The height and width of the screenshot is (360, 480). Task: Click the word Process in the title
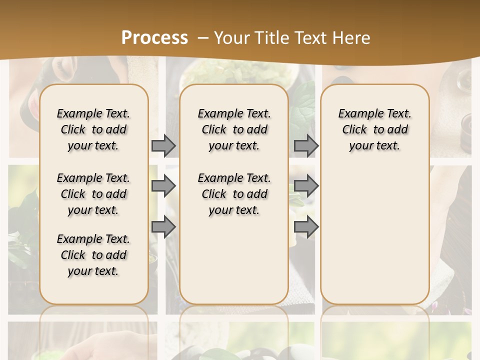(154, 38)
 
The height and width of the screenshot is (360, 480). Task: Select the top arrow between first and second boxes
(163, 145)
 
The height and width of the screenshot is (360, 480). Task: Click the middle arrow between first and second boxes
(163, 186)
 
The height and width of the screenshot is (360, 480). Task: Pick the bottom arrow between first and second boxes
(163, 227)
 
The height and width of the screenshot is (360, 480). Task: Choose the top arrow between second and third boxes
(306, 145)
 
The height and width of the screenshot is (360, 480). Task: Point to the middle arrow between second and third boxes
(306, 186)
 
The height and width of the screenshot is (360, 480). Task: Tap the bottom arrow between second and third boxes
(306, 227)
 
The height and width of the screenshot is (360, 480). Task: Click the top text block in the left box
(93, 129)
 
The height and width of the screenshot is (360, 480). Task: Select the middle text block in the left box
(93, 194)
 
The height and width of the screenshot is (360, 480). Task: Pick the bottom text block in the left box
(93, 255)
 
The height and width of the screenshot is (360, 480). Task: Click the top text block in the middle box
(234, 129)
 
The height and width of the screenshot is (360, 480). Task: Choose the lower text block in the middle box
(234, 194)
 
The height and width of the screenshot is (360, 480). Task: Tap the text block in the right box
(375, 129)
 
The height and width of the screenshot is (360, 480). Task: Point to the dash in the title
(202, 38)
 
